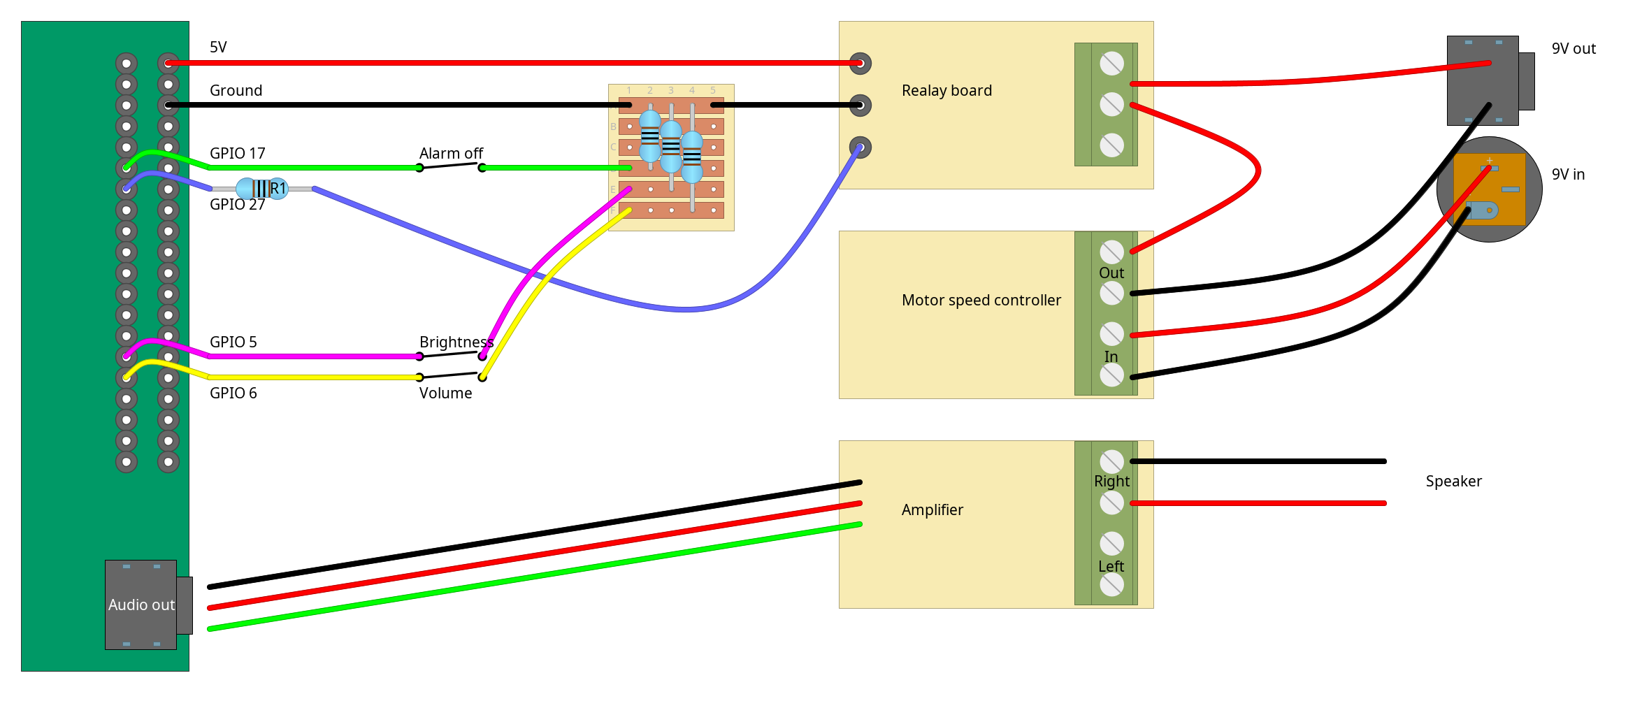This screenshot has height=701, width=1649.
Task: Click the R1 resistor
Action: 261,189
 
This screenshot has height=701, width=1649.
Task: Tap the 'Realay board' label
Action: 946,91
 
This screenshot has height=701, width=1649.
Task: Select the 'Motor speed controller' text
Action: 981,301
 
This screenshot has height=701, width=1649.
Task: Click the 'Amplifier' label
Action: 932,510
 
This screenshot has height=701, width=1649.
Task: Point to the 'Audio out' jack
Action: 141,605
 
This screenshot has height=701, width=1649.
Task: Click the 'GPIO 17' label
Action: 237,154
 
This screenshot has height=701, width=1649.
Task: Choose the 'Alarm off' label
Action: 451,154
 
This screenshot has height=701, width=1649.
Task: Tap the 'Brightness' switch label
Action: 456,342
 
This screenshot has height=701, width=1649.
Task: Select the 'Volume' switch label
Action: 445,393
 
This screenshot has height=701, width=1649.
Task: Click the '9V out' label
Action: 1574,49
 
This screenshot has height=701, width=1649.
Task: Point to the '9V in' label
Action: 1568,175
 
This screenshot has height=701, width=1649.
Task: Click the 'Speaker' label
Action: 1453,482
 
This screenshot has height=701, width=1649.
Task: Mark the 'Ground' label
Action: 236,91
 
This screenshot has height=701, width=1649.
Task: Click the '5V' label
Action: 218,48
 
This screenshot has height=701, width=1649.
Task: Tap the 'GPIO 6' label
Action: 233,393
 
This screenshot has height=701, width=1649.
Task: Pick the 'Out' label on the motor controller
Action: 1111,273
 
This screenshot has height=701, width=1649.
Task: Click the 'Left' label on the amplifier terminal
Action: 1111,567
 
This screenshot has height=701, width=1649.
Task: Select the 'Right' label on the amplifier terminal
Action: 1111,482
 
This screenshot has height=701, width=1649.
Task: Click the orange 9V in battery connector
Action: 1489,189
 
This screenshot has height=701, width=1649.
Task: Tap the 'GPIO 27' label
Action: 237,205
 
